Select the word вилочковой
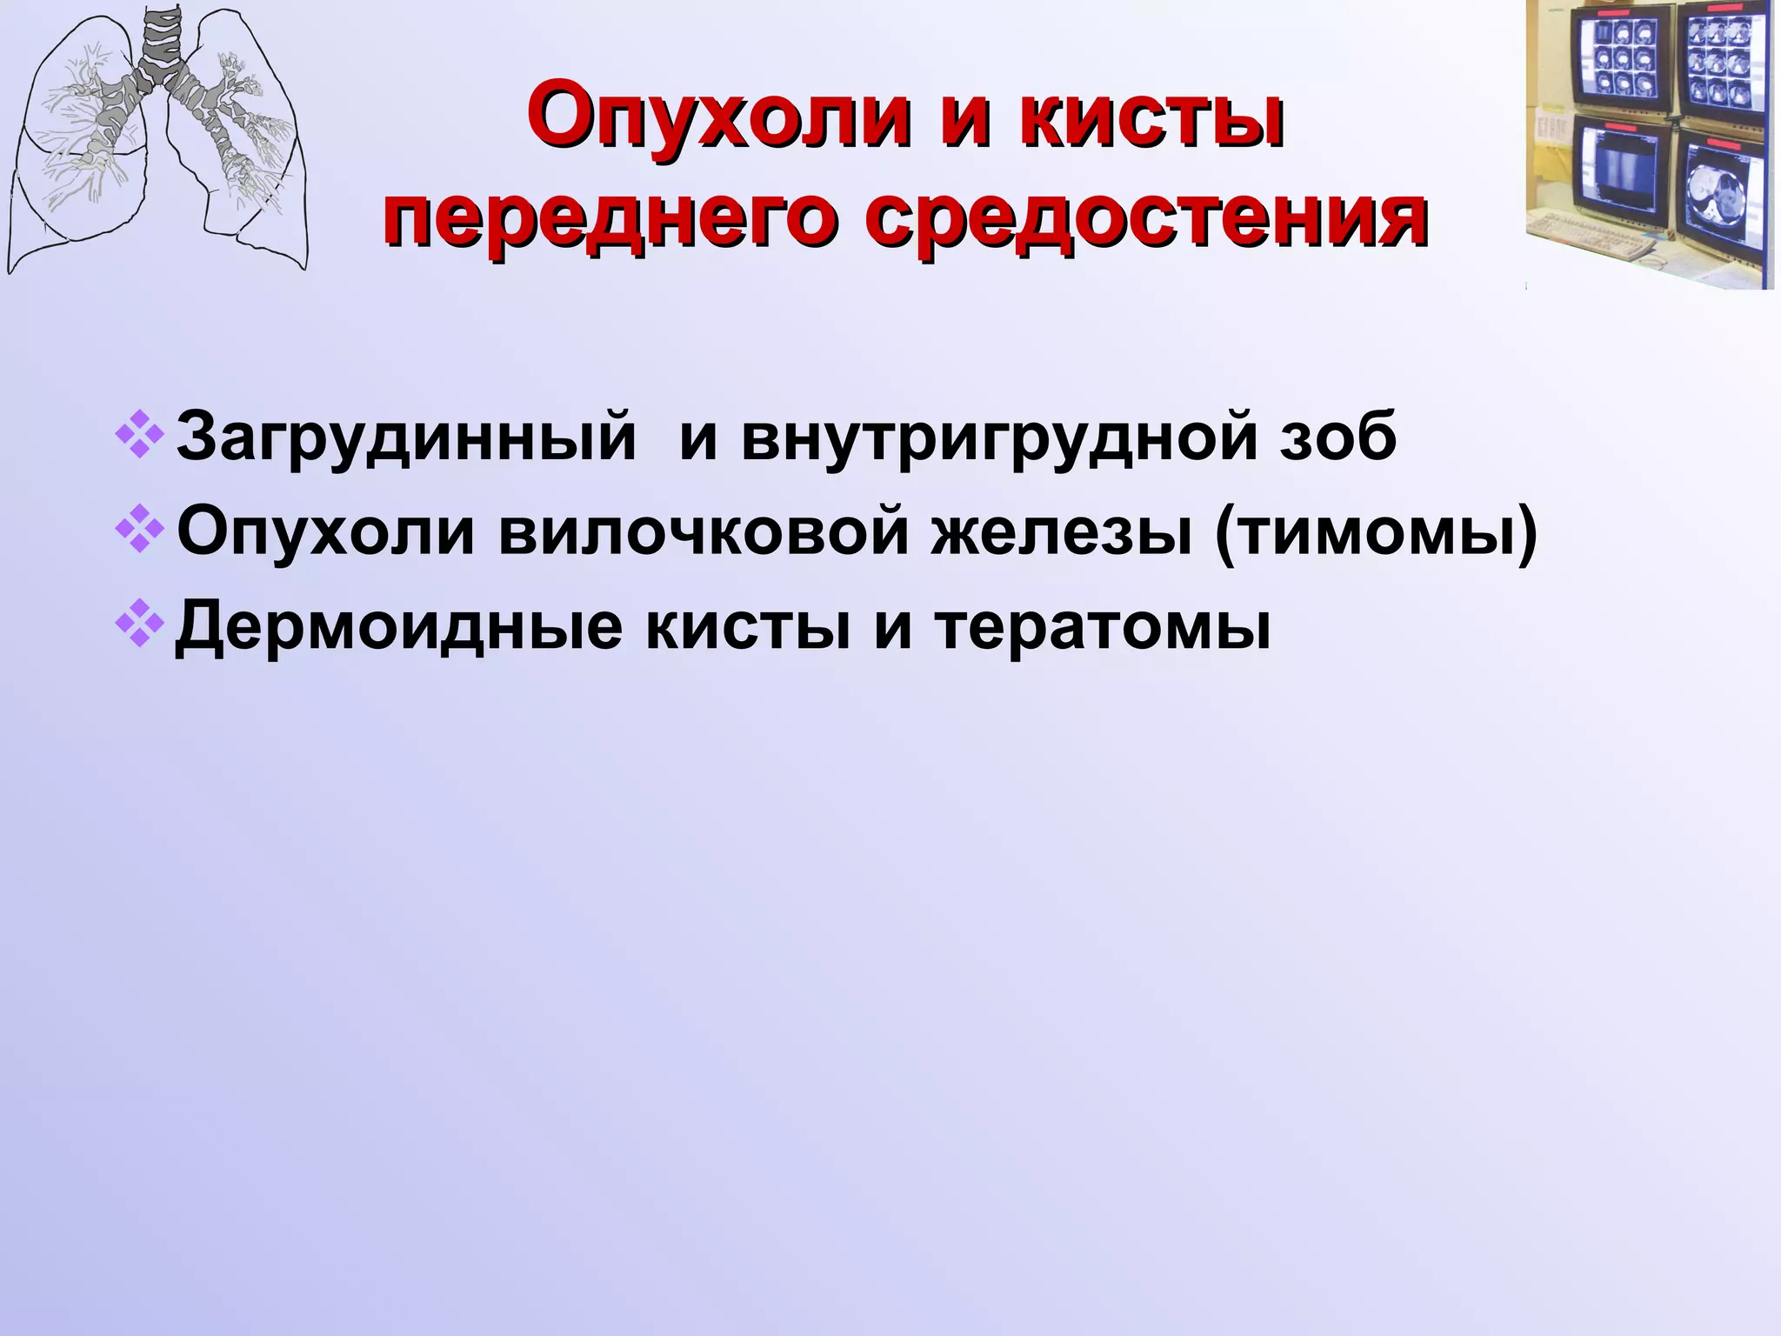point(704,532)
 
